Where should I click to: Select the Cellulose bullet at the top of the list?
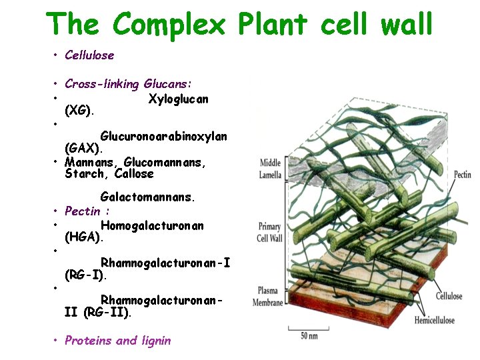click(x=89, y=55)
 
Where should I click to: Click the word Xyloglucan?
click(x=178, y=99)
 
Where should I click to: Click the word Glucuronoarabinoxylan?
click(x=163, y=136)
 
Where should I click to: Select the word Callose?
click(x=134, y=174)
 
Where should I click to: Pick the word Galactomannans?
click(x=148, y=197)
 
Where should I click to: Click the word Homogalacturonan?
click(x=152, y=225)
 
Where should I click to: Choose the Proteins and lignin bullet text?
click(x=117, y=341)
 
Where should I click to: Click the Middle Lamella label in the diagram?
click(x=270, y=169)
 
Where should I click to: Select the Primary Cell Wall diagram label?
click(x=270, y=233)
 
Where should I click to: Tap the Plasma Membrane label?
click(x=267, y=297)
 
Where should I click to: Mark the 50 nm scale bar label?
click(x=309, y=336)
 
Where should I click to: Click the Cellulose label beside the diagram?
click(x=449, y=296)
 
